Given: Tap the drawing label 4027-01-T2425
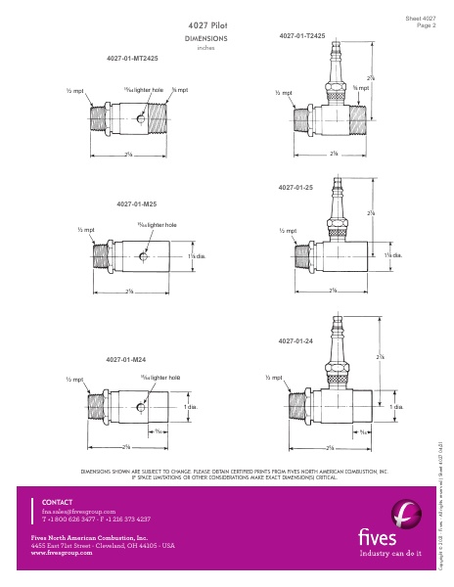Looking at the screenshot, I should [x=301, y=35].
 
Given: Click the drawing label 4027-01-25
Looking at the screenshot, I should [x=295, y=185].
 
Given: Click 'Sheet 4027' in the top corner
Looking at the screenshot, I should [x=421, y=18].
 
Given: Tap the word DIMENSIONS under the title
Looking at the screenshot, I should [x=205, y=38].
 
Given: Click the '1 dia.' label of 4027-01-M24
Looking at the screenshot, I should [x=191, y=405].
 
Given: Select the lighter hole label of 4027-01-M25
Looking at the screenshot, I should [x=157, y=225].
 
